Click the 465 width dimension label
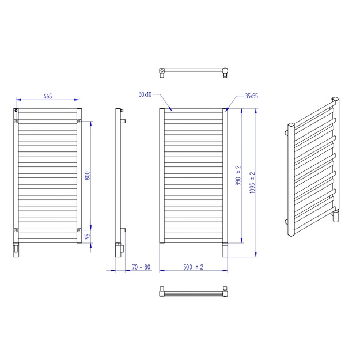(48, 96)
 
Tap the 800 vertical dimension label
(88, 176)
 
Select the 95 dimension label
(88, 236)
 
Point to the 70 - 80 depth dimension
(141, 267)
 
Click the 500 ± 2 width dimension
(193, 267)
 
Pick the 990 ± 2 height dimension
(238, 176)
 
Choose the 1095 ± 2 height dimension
(252, 183)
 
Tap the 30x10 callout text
(145, 94)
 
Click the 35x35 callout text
(252, 96)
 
